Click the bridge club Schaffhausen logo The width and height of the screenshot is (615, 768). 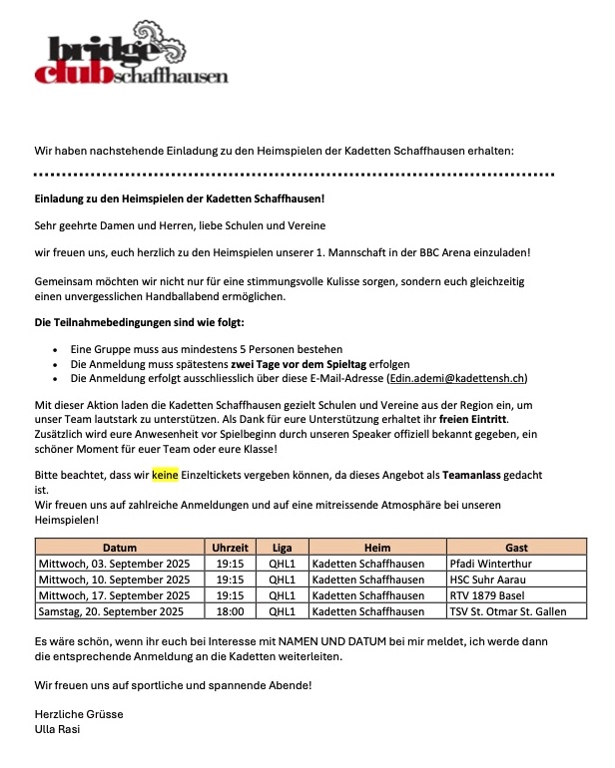130,61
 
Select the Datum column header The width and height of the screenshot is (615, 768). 119,548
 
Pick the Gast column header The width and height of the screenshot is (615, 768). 516,548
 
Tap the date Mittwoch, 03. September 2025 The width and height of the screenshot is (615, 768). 114,564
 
